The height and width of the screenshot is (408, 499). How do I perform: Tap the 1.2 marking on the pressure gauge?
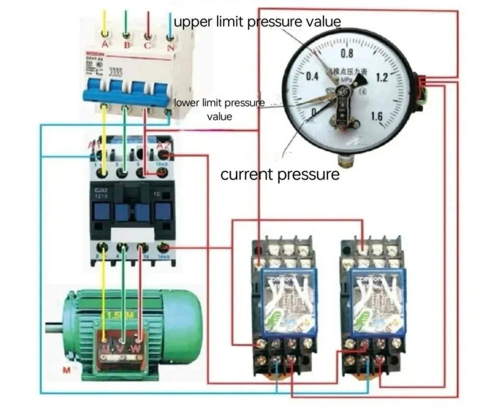click(x=382, y=77)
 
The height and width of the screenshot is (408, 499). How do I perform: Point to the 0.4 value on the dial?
click(x=312, y=77)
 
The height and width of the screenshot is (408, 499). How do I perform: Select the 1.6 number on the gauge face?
click(x=377, y=117)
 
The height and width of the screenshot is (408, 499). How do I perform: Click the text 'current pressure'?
click(x=279, y=175)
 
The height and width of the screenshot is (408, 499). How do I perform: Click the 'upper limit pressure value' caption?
click(x=257, y=22)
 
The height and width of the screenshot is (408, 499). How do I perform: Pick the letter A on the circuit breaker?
click(x=105, y=45)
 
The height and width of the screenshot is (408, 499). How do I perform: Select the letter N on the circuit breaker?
click(x=171, y=47)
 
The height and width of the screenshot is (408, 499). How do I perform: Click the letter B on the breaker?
click(x=127, y=46)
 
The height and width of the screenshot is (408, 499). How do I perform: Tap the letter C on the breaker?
click(x=148, y=46)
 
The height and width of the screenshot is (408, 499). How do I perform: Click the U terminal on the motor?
click(x=105, y=348)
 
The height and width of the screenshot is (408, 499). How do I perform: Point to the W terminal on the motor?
click(x=135, y=348)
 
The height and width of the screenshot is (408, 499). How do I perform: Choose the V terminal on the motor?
click(x=120, y=348)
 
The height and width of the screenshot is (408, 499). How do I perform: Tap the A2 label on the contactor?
click(x=163, y=145)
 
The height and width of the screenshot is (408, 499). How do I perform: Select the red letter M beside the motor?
click(x=66, y=370)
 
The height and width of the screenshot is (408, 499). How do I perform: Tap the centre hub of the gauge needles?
click(x=343, y=93)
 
